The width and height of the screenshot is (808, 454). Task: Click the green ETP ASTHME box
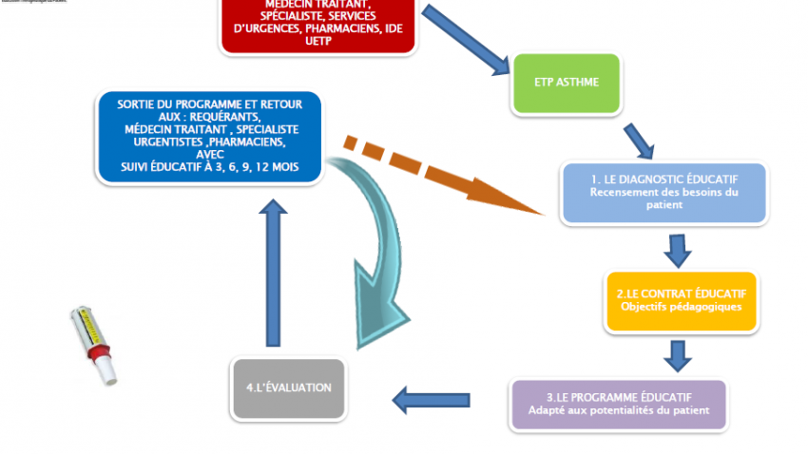[567, 82]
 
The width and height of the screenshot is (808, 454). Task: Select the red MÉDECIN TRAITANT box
[319, 27]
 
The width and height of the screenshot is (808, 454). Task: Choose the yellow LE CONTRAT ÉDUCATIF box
[681, 300]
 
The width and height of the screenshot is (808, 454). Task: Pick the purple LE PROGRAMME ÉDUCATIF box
[618, 403]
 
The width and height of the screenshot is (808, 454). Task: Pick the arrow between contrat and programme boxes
[677, 354]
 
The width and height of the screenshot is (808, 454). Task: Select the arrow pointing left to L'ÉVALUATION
[432, 401]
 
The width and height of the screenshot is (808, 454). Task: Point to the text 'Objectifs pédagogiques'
[681, 307]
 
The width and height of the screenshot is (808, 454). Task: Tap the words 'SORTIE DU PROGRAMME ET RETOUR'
[210, 103]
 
